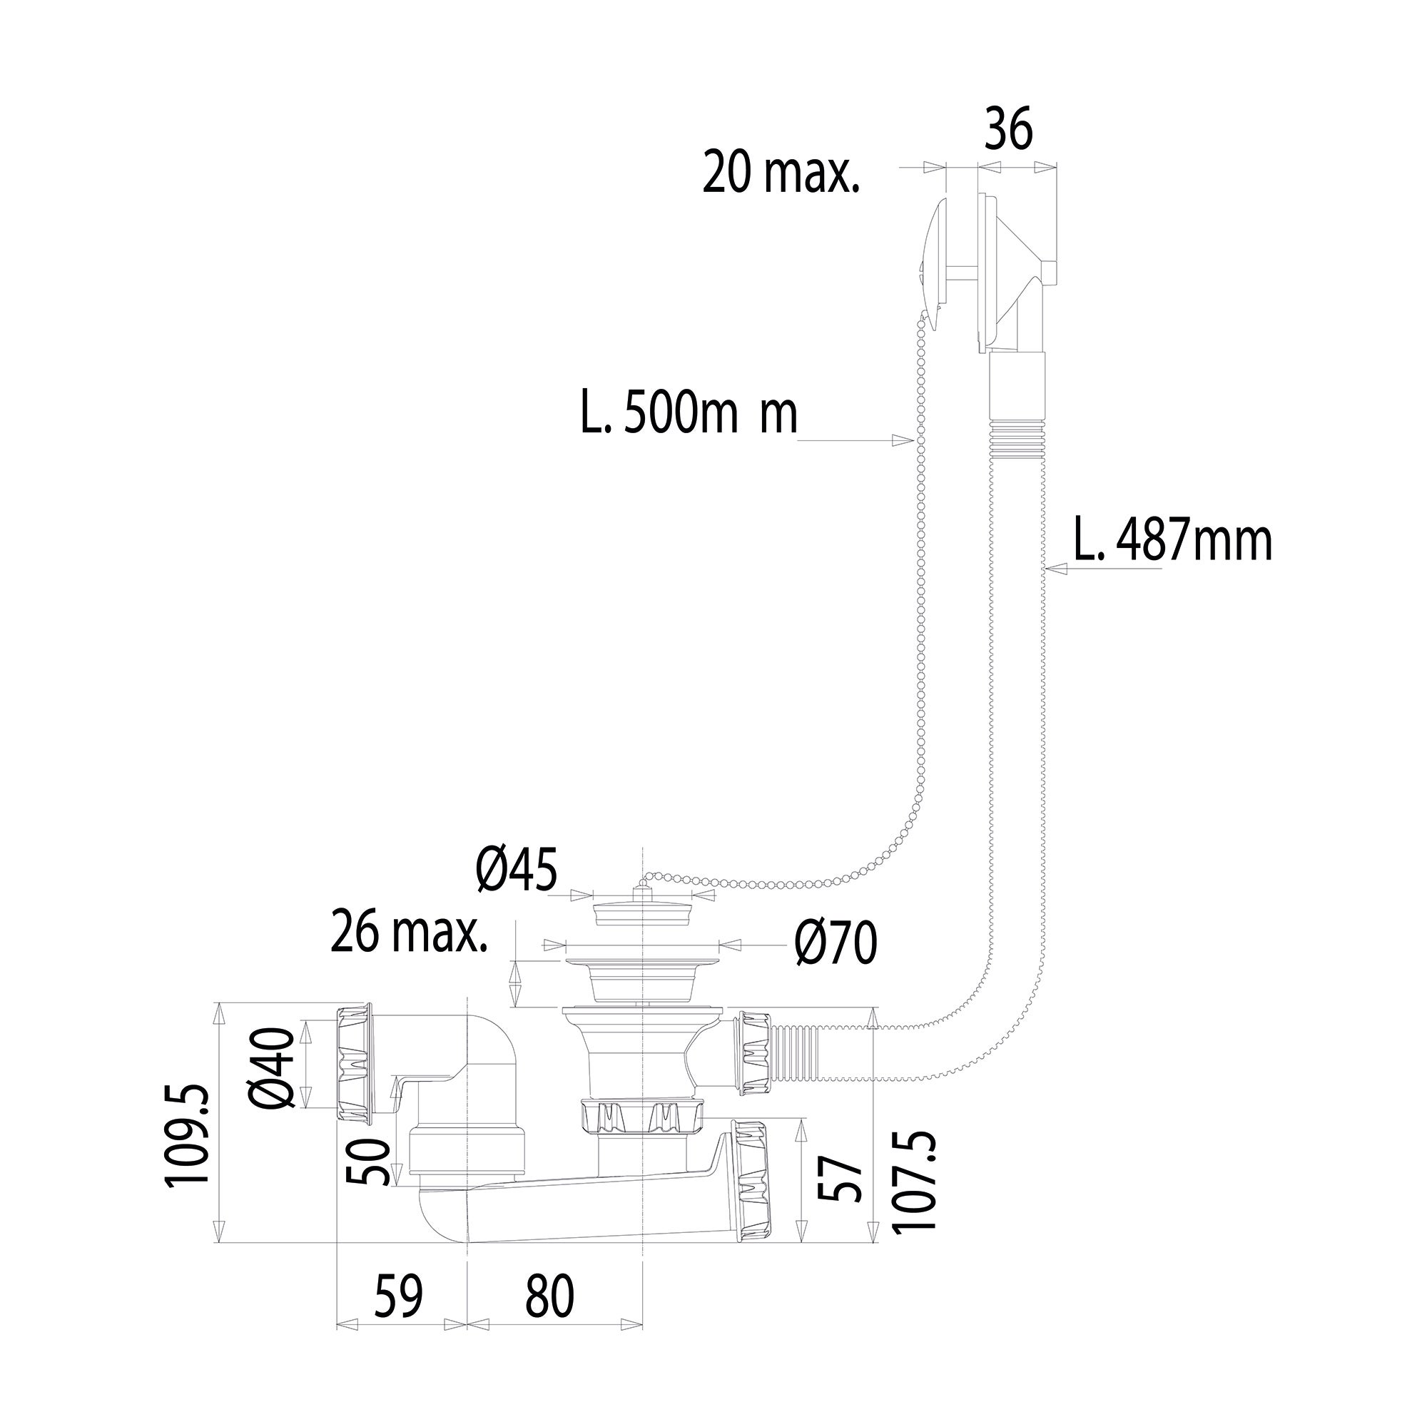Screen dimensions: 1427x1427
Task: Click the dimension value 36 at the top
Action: [1008, 129]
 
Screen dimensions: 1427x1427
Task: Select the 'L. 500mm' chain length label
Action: [689, 414]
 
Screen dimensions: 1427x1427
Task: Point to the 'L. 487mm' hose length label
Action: [1173, 542]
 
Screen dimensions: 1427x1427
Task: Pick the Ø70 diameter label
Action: [836, 943]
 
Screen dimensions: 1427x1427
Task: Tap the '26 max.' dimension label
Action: [409, 932]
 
